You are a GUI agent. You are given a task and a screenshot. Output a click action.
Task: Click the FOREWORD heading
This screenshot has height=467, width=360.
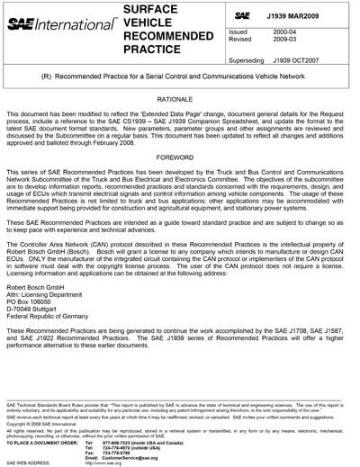(x=181, y=166)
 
